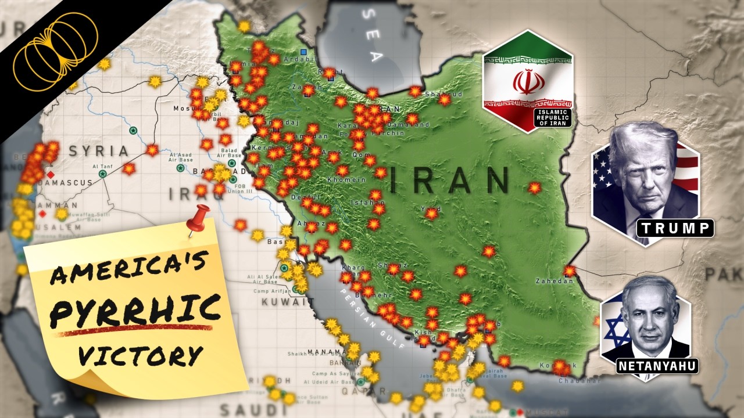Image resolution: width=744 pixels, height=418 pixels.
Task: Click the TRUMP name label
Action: click(675, 228)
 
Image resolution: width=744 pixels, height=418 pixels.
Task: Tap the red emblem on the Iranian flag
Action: click(528, 81)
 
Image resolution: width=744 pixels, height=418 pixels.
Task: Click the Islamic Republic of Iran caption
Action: click(553, 117)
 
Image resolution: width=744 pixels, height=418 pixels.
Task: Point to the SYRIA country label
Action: click(99, 152)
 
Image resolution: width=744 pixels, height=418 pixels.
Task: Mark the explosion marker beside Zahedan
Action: click(570, 271)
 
